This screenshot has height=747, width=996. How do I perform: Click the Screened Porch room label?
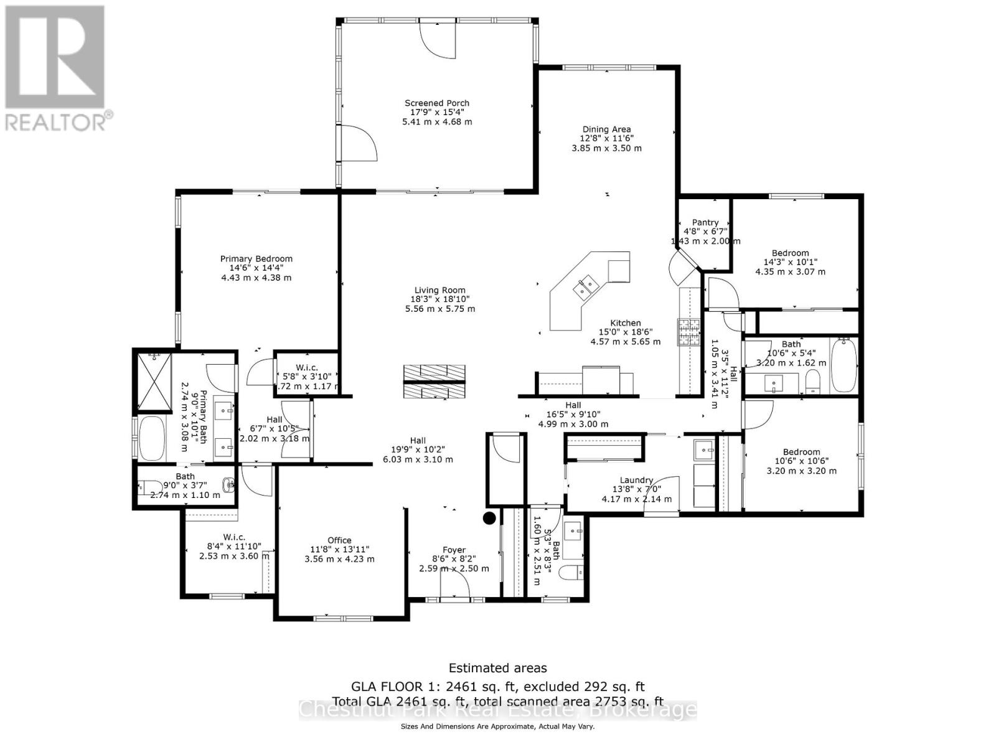[437, 103]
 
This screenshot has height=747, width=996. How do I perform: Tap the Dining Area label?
[606, 129]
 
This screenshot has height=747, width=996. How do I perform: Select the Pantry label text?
[705, 222]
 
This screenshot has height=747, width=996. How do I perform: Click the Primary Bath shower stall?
[153, 382]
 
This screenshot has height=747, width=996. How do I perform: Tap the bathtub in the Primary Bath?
[151, 438]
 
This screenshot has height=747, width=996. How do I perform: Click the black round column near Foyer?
[489, 517]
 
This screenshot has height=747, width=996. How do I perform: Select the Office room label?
[339, 540]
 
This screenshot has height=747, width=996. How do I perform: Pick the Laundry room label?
[636, 480]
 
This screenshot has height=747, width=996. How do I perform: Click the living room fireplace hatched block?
[435, 382]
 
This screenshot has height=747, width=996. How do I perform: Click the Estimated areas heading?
[498, 668]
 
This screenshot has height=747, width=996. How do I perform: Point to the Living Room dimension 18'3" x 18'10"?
[440, 299]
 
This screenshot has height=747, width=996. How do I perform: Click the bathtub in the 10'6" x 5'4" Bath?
[843, 365]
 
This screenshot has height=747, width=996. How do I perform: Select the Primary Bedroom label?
[256, 259]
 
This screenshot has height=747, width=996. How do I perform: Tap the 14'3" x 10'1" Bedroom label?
[791, 253]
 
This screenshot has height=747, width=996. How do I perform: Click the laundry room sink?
[705, 448]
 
